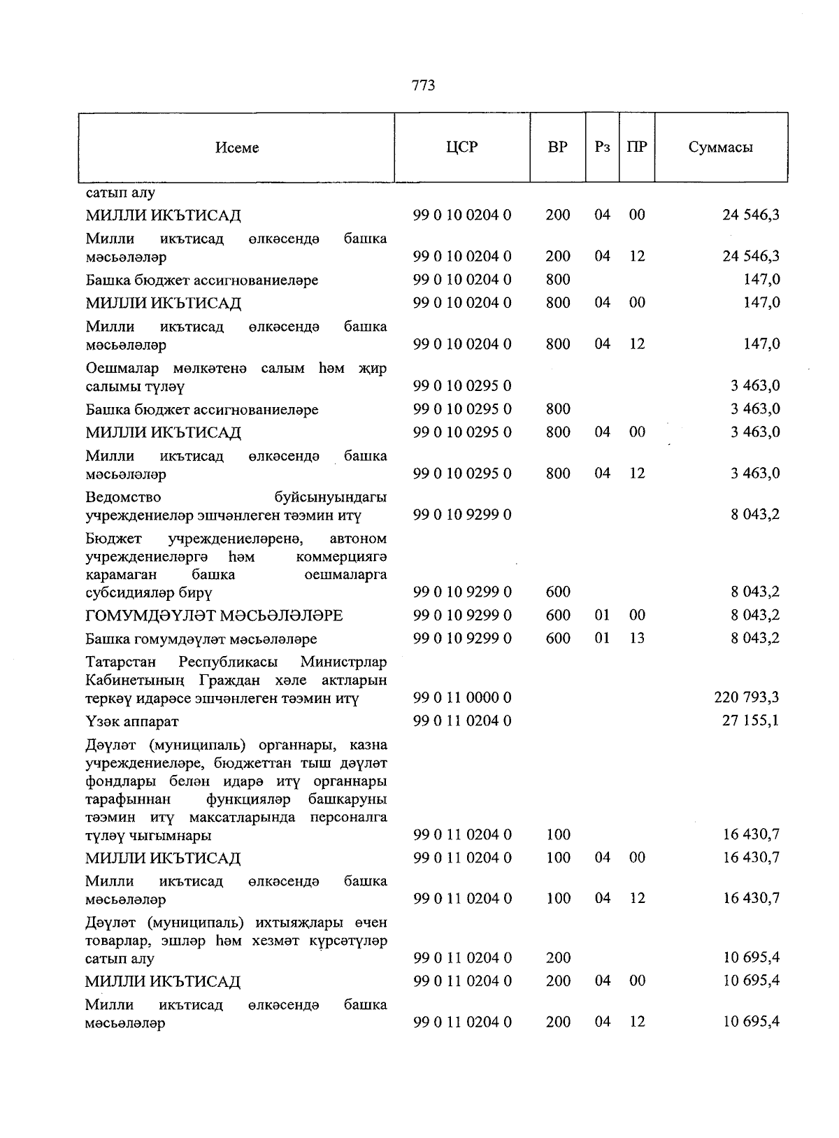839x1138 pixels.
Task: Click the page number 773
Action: coord(424,85)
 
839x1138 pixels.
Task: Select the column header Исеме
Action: coord(237,148)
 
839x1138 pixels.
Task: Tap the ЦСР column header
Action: coord(461,147)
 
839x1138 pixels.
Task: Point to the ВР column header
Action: coord(558,147)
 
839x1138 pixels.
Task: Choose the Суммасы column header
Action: coord(721,147)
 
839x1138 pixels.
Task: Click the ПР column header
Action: coord(636,147)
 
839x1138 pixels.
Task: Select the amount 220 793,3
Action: coord(747,697)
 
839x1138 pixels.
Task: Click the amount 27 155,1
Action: coord(751,720)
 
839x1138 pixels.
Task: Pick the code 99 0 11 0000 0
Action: coord(462,697)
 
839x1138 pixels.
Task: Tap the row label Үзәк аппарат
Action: coord(131,721)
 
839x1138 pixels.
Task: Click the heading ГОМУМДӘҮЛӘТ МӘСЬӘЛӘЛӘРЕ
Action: coord(214,616)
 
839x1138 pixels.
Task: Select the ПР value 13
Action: coord(636,638)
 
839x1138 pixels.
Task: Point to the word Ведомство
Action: coord(123,497)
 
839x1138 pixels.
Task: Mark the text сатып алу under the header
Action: coord(120,192)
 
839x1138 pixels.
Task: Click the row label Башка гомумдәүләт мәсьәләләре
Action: coord(201,639)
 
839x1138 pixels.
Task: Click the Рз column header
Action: coord(602,147)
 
